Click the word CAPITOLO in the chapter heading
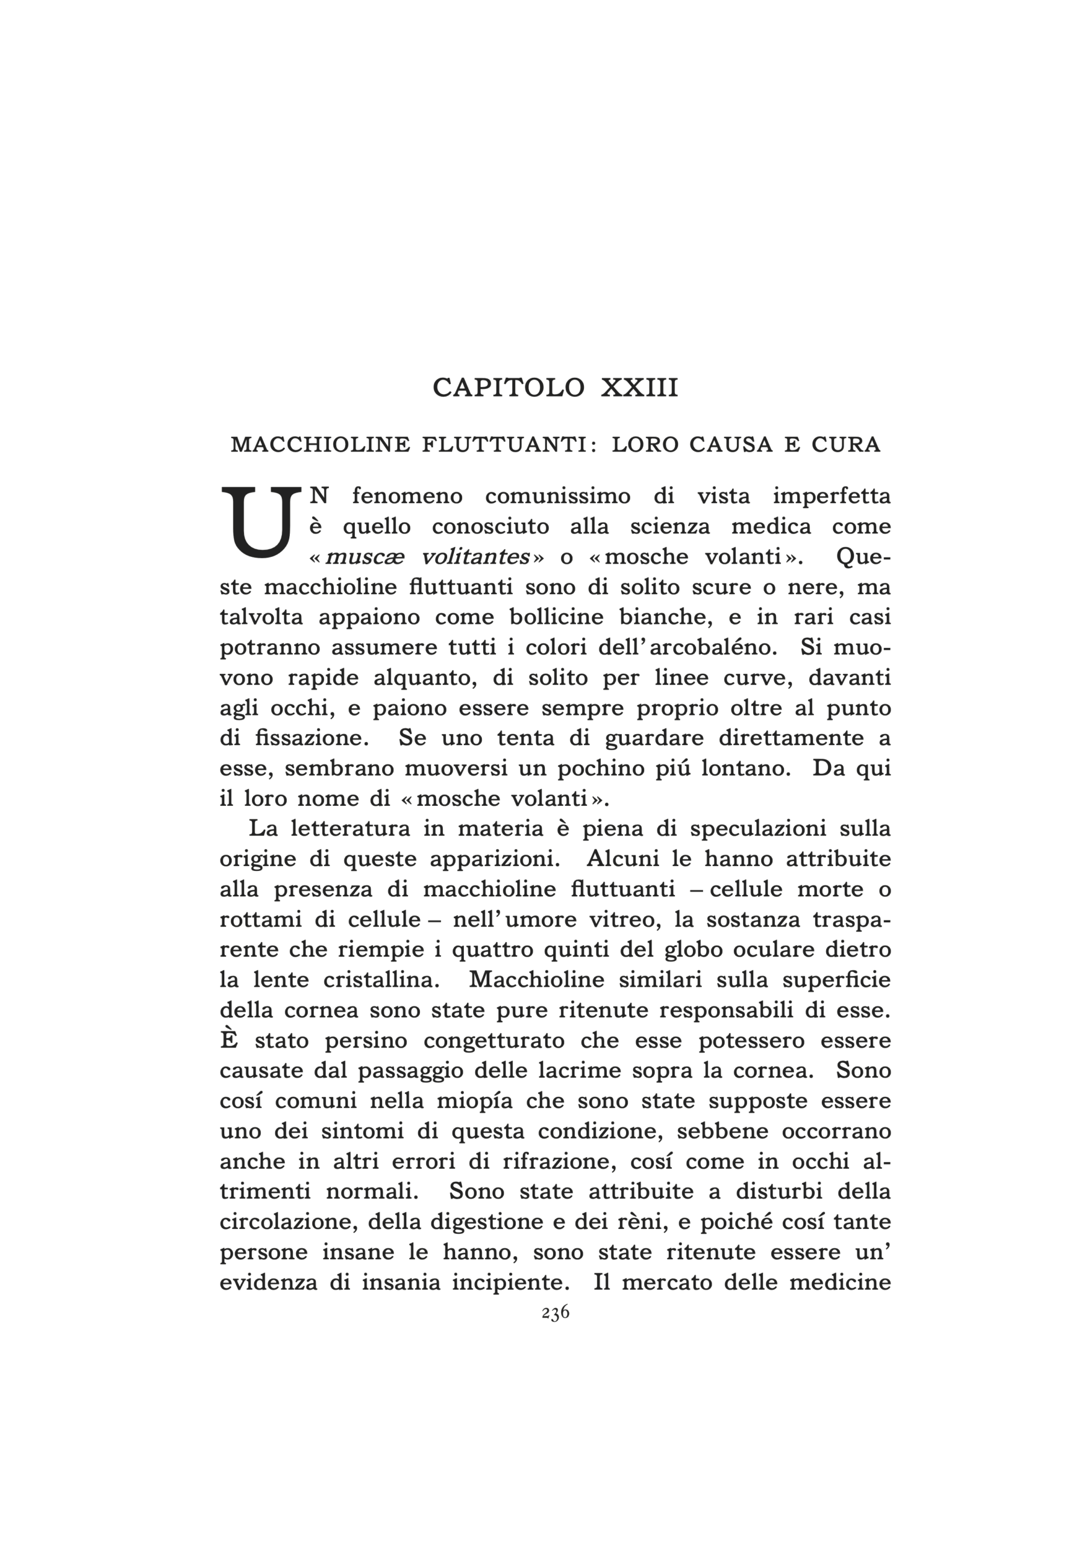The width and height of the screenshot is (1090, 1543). click(508, 388)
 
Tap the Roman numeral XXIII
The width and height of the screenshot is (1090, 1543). click(639, 388)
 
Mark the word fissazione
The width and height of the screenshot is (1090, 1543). click(313, 738)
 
